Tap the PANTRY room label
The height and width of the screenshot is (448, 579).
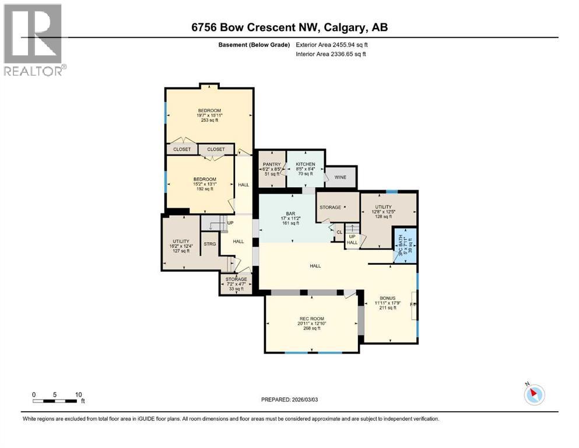click(x=272, y=164)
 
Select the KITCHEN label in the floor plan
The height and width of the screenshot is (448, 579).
click(x=305, y=164)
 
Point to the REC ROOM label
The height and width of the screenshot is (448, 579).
click(x=311, y=318)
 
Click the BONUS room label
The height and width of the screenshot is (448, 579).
click(x=387, y=297)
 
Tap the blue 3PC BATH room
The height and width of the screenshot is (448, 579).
click(x=405, y=246)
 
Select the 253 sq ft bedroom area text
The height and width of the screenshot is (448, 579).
click(x=209, y=120)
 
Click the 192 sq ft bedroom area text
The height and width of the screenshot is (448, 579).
click(x=205, y=189)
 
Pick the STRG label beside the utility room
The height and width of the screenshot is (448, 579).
click(x=209, y=244)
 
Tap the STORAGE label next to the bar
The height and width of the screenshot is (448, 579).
click(x=331, y=207)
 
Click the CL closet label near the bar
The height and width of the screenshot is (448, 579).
click(x=339, y=232)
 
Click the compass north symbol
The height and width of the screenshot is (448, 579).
click(x=534, y=394)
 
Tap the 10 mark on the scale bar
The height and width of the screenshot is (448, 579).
click(x=78, y=394)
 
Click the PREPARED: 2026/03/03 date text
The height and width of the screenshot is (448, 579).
click(x=289, y=400)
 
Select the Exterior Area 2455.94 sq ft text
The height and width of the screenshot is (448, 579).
click(x=332, y=44)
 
